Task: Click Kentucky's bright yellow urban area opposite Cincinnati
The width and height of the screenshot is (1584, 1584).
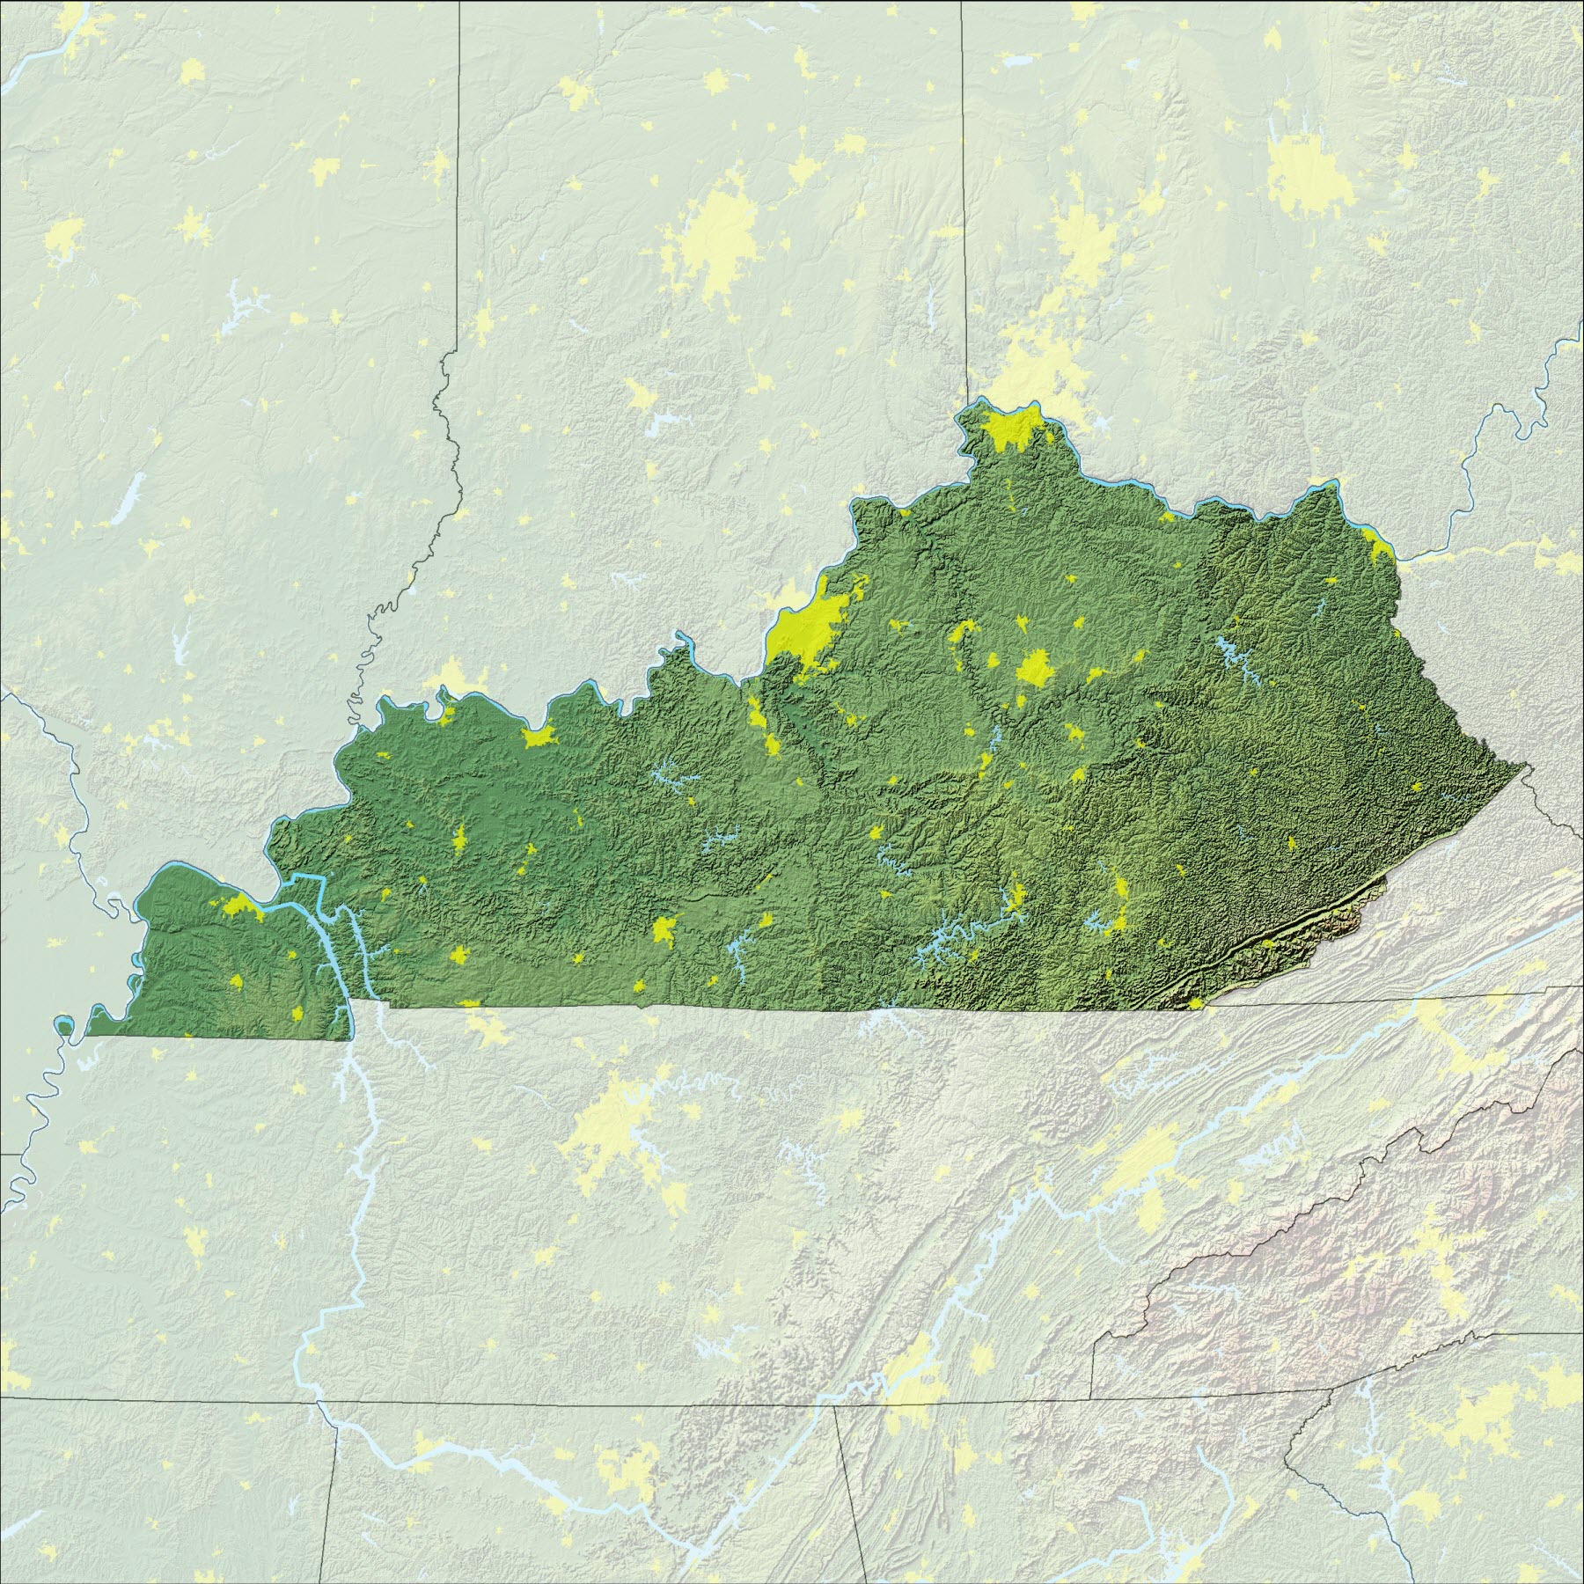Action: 1012,431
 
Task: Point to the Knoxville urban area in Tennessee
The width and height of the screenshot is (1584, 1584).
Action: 1144,1170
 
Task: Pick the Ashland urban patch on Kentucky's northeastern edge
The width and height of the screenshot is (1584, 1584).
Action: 1377,550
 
